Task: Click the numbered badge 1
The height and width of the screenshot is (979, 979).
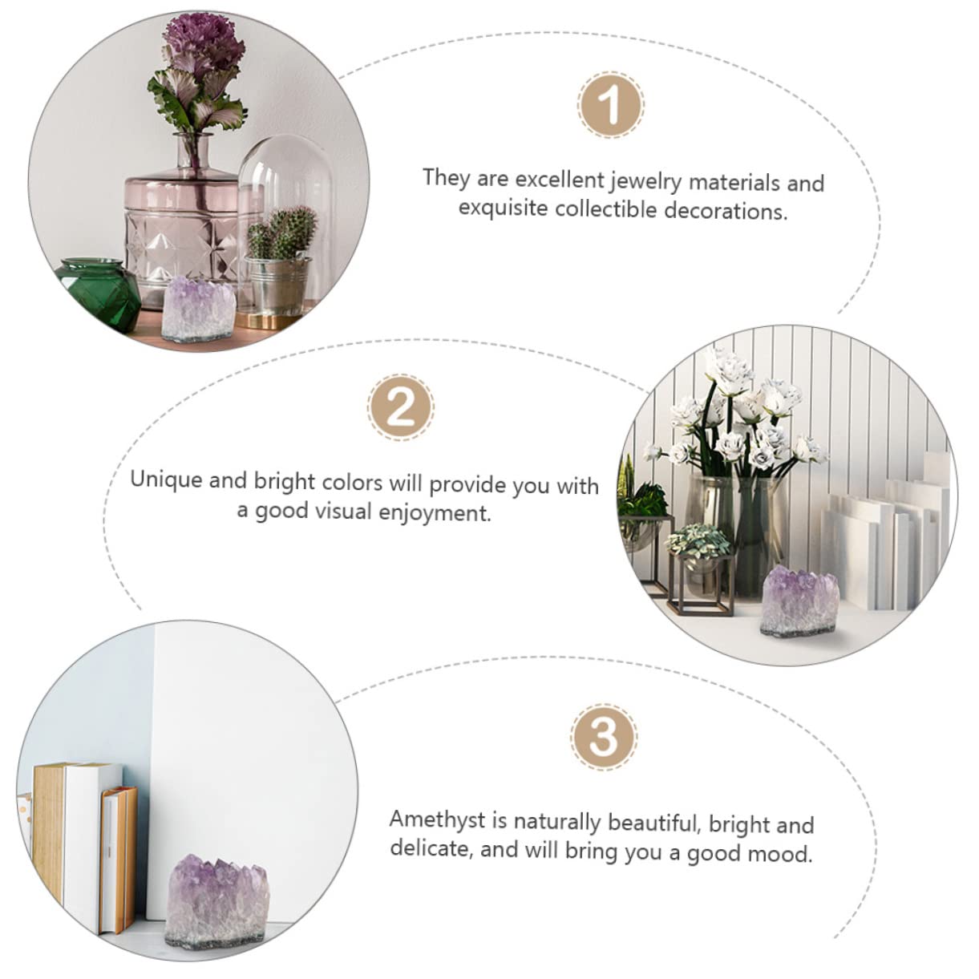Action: pos(610,105)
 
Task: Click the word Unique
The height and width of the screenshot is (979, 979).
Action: pos(166,479)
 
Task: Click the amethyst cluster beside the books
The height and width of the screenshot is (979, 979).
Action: pos(218,903)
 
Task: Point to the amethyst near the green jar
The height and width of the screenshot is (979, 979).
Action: pos(197,309)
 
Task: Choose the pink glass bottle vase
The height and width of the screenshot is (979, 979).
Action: pos(180,229)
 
